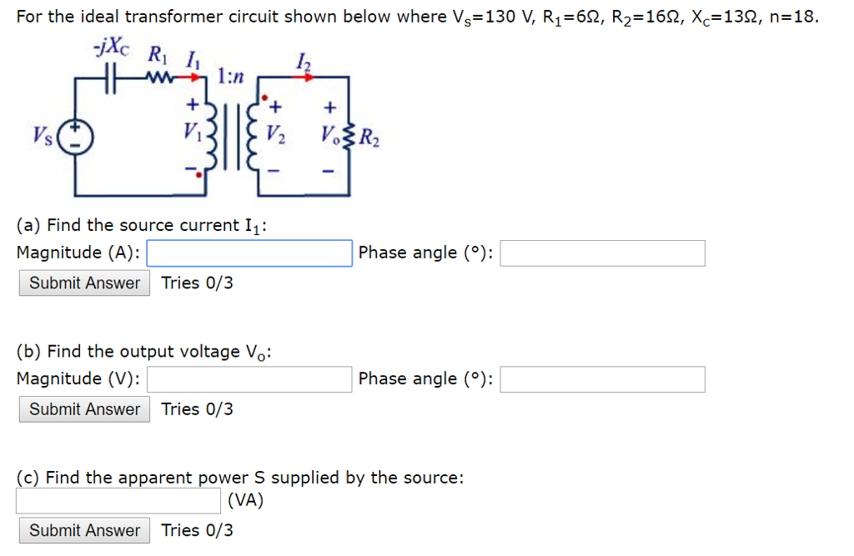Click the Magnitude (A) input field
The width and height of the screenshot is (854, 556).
pyautogui.click(x=249, y=253)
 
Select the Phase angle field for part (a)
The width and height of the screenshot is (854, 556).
pyautogui.click(x=602, y=253)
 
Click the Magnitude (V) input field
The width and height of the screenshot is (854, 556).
pyautogui.click(x=249, y=379)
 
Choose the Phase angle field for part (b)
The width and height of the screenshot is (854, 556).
pyautogui.click(x=602, y=379)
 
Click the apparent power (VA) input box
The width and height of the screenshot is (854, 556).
pyautogui.click(x=118, y=501)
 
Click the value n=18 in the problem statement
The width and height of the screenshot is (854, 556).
pyautogui.click(x=792, y=18)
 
